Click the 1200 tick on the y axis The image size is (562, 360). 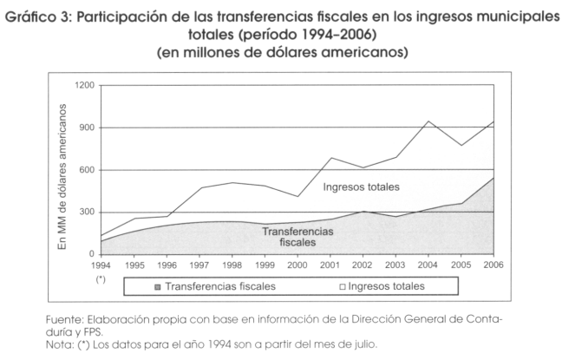point(84,86)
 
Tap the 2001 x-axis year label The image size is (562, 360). point(330,265)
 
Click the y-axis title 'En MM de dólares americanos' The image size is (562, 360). point(63,170)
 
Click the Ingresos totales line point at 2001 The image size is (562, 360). point(330,158)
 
